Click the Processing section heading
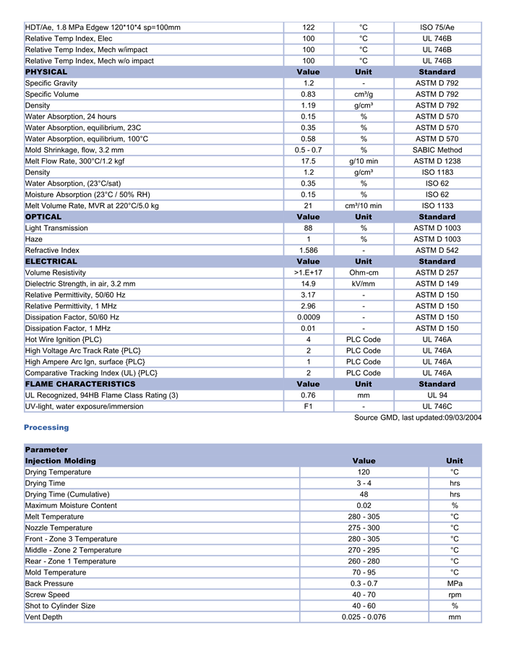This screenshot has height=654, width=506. click(x=46, y=428)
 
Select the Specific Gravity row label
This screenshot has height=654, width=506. click(x=51, y=83)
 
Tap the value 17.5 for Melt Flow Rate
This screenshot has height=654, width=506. click(x=308, y=161)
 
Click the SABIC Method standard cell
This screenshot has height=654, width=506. click(x=437, y=150)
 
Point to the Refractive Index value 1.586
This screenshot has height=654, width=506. click(x=308, y=250)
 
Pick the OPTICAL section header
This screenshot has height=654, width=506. click(x=43, y=217)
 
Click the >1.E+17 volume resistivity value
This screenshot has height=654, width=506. click(x=308, y=272)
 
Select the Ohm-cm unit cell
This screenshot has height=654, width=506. click(x=364, y=272)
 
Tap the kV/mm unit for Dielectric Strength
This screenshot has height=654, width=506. click(x=364, y=284)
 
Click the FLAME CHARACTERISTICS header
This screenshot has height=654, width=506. click(x=80, y=384)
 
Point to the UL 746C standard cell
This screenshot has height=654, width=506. click(x=437, y=407)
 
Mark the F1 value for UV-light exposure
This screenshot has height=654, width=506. click(x=308, y=407)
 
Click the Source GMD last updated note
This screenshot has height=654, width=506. click(x=417, y=418)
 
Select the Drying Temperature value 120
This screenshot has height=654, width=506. click(x=364, y=473)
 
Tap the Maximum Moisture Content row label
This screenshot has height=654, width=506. click(x=71, y=506)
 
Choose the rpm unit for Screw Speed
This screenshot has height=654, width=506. click(x=455, y=595)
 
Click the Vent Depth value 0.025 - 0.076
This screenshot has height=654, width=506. click(x=364, y=617)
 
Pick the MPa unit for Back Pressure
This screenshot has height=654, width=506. click(x=455, y=584)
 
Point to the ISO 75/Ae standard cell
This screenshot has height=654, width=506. click(x=437, y=27)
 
